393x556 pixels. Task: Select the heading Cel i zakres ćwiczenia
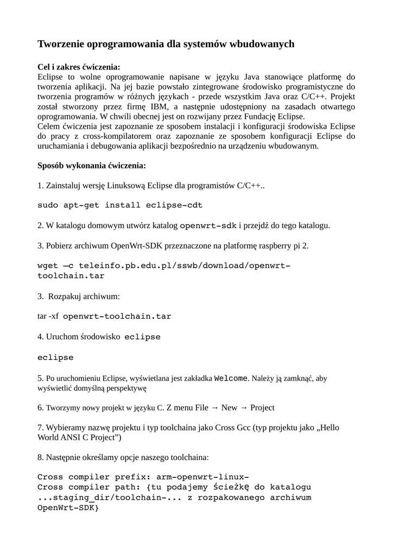tap(79, 67)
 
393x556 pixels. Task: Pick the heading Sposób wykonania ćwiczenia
tap(91, 165)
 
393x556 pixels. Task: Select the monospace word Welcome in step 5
tap(231, 378)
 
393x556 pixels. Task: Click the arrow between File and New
tap(214, 407)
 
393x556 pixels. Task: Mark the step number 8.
tap(40, 457)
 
